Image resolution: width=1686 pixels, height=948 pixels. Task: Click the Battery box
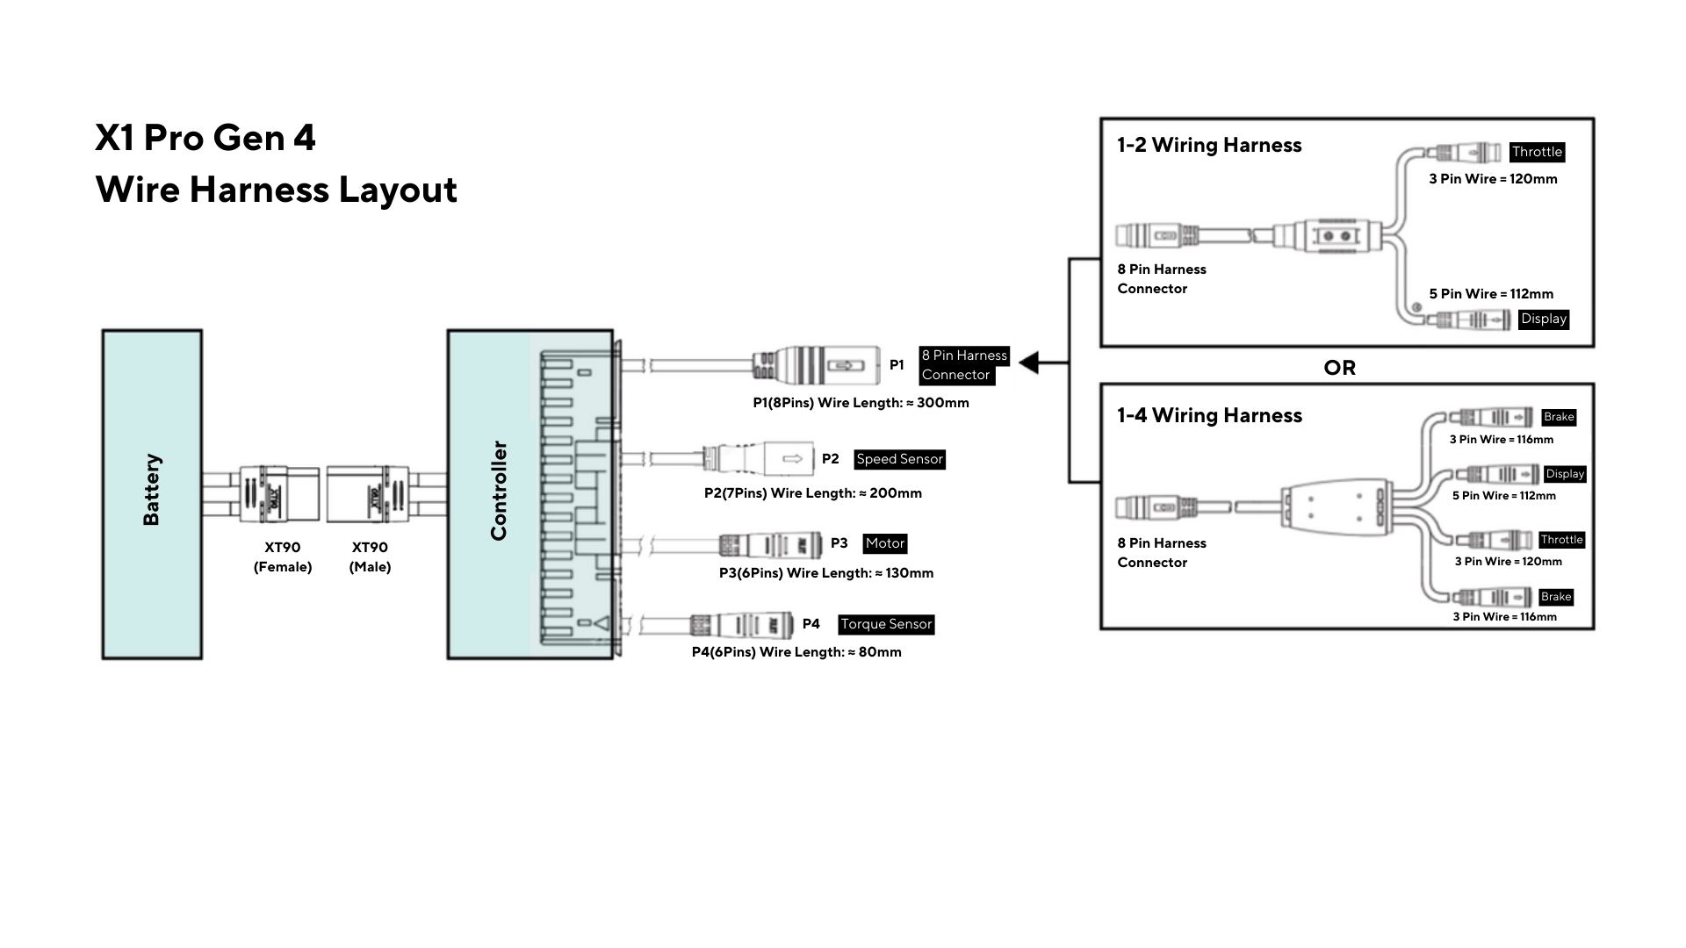(152, 494)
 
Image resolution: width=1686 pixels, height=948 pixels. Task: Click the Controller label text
(499, 491)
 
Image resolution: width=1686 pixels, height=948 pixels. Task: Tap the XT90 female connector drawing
(279, 494)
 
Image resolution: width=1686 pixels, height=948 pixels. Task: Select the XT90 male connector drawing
(367, 494)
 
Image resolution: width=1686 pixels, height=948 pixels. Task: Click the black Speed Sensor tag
(899, 459)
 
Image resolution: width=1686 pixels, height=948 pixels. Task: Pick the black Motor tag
(884, 543)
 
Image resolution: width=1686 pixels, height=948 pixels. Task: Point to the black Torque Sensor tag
(886, 624)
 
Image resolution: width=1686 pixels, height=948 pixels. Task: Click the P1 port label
(897, 364)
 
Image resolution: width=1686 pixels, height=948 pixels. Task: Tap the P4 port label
(811, 624)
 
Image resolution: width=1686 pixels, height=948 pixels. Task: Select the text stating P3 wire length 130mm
(826, 573)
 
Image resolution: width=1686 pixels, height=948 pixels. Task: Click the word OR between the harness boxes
(1339, 368)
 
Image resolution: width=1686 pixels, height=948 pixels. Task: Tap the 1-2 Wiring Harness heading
(1209, 146)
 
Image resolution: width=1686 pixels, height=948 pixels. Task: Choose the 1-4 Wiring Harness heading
(1209, 415)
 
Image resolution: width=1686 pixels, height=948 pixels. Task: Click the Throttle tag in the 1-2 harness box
(1537, 152)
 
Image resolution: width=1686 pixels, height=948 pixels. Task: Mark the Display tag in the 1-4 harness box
(1565, 474)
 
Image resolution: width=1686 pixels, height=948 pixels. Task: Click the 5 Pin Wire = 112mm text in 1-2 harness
(1491, 294)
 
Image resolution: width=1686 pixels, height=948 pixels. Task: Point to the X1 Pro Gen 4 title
(205, 138)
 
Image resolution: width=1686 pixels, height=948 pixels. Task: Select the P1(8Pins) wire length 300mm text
(861, 403)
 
